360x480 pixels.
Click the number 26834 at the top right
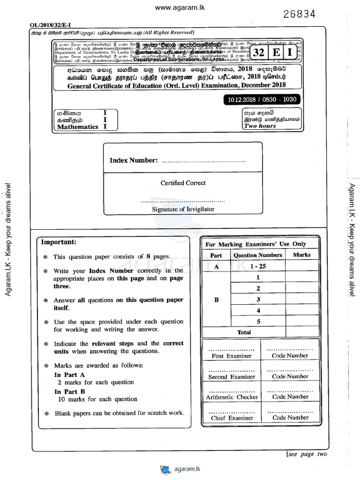pos(299,14)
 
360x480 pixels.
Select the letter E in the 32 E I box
pos(277,53)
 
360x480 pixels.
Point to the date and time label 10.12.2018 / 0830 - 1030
pos(262,100)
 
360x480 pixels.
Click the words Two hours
pos(260,126)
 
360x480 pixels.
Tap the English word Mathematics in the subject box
pos(78,127)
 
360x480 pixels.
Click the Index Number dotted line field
pos(203,161)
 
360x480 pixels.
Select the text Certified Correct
pos(183,183)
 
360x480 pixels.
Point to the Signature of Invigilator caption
pos(183,210)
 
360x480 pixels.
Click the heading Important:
pos(58,242)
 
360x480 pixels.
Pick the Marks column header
pos(301,255)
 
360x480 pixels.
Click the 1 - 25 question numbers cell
pos(258,266)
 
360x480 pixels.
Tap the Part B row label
pos(216,300)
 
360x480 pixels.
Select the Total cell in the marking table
pos(244,332)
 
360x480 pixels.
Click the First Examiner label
pos(232,356)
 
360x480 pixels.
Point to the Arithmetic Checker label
pos(232,397)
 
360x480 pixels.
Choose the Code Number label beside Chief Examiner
pos(291,418)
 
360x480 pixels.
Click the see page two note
pos(307,454)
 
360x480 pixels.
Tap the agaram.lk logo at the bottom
pos(180,469)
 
